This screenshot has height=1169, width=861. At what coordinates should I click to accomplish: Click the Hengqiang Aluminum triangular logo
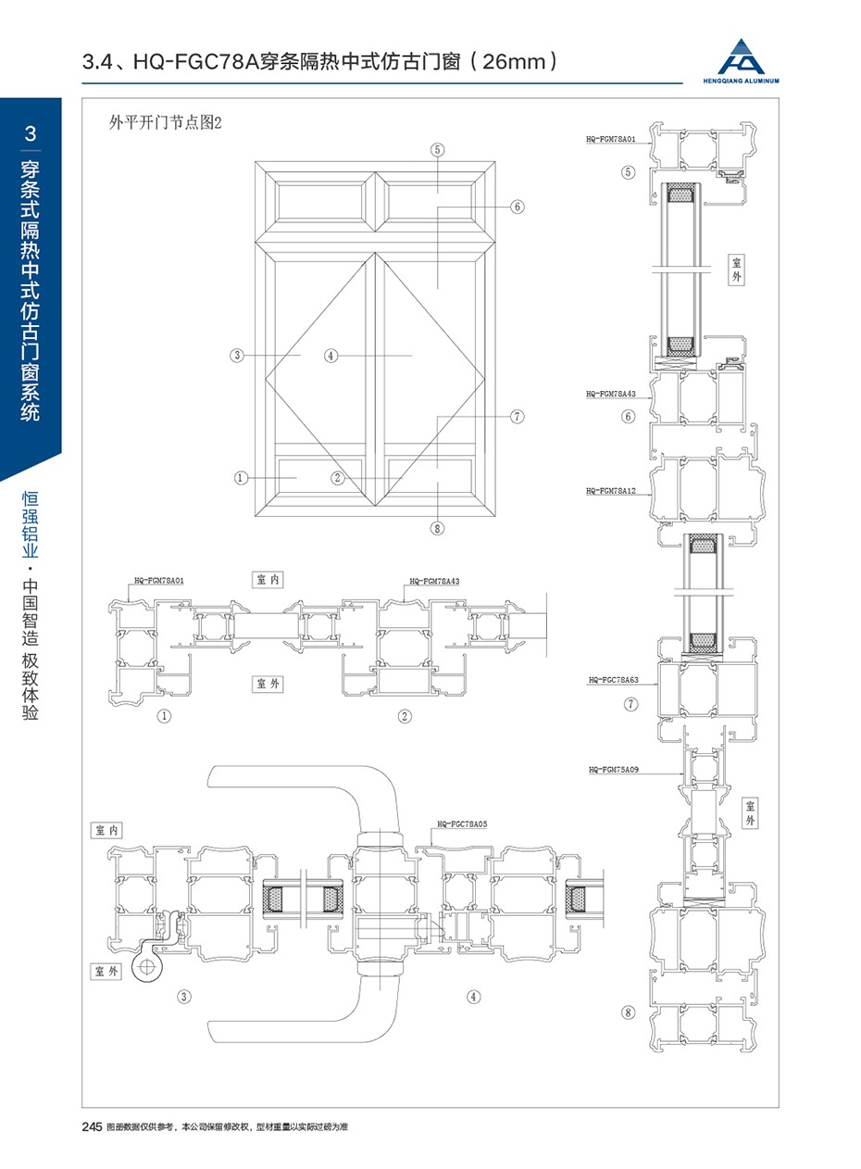click(x=749, y=57)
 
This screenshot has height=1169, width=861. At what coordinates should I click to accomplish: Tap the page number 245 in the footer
click(x=92, y=1127)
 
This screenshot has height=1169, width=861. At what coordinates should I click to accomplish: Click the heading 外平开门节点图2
click(x=167, y=122)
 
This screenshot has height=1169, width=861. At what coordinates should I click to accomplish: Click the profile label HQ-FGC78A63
click(x=614, y=679)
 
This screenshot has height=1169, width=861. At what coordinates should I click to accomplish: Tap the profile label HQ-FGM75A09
click(x=614, y=769)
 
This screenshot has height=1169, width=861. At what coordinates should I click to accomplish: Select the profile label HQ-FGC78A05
click(x=462, y=823)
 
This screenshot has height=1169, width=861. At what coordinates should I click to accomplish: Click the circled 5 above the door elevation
click(x=438, y=148)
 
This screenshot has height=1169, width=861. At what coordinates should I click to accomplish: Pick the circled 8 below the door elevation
click(x=438, y=529)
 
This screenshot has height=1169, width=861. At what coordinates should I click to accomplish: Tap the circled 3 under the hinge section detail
click(x=184, y=997)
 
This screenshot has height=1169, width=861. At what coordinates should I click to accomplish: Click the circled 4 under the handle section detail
click(x=474, y=997)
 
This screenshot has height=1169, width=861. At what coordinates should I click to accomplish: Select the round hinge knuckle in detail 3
click(x=144, y=966)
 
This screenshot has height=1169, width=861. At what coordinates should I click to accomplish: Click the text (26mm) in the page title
click(x=513, y=63)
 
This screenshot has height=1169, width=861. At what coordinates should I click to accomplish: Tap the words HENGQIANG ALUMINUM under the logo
click(x=749, y=81)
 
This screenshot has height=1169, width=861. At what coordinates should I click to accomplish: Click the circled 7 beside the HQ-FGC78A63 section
click(x=630, y=704)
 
